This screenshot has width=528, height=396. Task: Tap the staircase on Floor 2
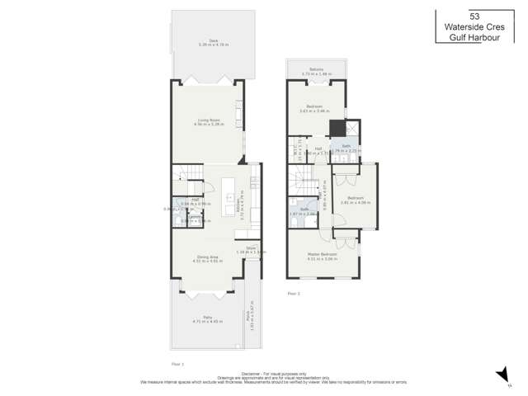point(298,177)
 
